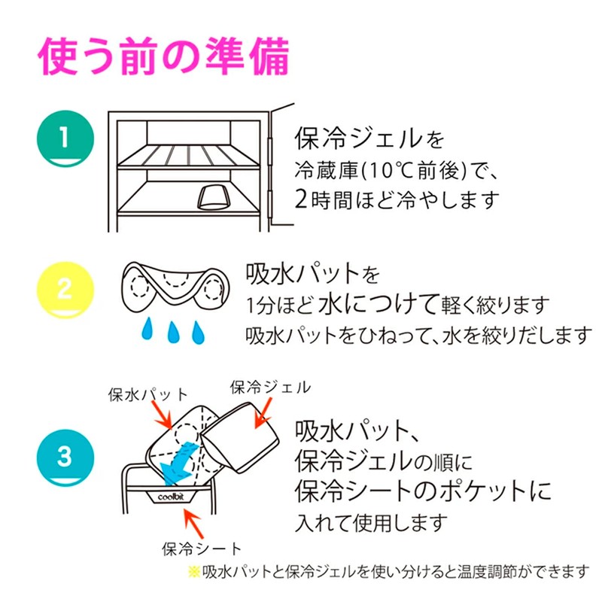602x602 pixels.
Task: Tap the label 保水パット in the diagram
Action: pos(148,393)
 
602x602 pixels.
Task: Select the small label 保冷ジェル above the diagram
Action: pos(270,387)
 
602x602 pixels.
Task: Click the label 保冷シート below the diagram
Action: pos(201,547)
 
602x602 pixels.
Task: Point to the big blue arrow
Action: pos(180,458)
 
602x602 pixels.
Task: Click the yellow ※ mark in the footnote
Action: pos(194,571)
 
